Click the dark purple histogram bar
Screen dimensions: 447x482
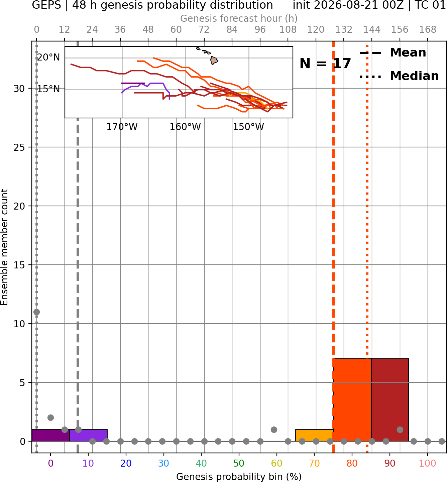point(51,435)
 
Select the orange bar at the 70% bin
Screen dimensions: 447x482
point(314,435)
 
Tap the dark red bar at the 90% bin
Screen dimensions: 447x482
point(390,400)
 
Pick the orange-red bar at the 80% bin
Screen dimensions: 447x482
point(352,400)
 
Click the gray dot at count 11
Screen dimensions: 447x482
point(37,312)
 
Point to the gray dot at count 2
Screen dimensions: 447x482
point(50,418)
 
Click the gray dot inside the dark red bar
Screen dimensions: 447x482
point(400,430)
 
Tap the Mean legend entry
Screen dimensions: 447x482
point(393,52)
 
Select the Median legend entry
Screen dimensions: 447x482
point(399,76)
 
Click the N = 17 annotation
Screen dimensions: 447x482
point(325,64)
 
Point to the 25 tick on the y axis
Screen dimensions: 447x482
point(19,147)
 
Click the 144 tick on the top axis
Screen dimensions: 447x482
point(371,30)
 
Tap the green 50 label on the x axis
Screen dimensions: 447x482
point(239,463)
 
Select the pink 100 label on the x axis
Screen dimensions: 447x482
point(427,463)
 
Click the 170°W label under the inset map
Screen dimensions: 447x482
point(122,127)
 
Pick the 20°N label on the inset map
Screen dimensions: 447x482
point(48,57)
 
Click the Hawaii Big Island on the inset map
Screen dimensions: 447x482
point(214,60)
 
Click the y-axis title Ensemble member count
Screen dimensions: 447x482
point(4,247)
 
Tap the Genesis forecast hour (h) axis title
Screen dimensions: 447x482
point(239,18)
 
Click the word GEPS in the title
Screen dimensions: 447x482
point(46,5)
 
